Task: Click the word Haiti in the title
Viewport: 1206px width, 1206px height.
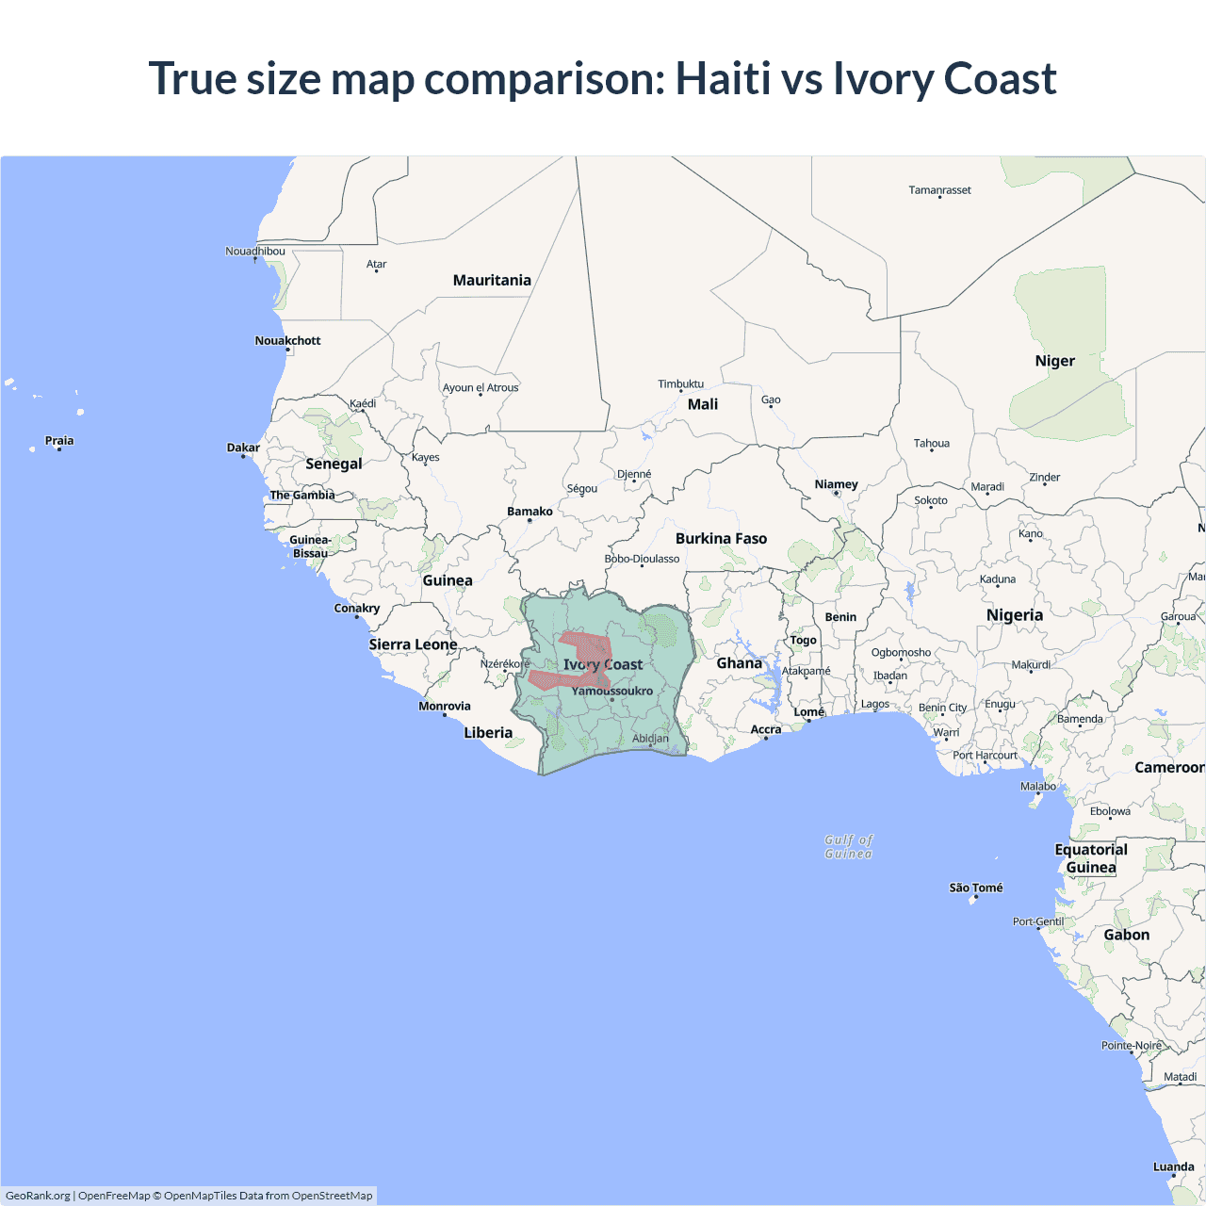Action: pos(723,78)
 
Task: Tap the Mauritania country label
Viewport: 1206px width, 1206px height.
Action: pos(492,280)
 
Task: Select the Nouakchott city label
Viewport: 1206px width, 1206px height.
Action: pos(287,340)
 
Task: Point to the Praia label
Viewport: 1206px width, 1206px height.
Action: pos(59,440)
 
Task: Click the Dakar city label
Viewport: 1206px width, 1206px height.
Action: pos(243,448)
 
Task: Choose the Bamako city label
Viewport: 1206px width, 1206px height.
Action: pos(530,512)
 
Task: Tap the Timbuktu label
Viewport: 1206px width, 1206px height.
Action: pos(680,383)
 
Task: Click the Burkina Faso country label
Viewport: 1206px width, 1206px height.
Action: pos(721,538)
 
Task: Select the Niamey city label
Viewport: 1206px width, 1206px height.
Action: pos(836,484)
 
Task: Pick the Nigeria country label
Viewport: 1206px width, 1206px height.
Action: pos(1014,615)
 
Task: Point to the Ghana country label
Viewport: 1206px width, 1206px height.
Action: pos(739,663)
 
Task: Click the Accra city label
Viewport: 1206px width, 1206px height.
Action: pos(765,729)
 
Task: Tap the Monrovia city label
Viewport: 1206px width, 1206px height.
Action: pos(444,706)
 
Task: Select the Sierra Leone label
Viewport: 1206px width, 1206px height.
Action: pos(413,644)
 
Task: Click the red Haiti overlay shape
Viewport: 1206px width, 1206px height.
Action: pos(589,647)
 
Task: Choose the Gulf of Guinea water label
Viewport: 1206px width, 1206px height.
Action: pos(848,846)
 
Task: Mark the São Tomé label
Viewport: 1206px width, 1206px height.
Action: pos(975,888)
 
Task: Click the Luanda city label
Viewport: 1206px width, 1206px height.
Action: pos(1173,1166)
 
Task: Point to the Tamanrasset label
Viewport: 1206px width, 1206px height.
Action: pos(939,189)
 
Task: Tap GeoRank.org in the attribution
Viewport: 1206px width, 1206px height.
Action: pos(38,1196)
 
